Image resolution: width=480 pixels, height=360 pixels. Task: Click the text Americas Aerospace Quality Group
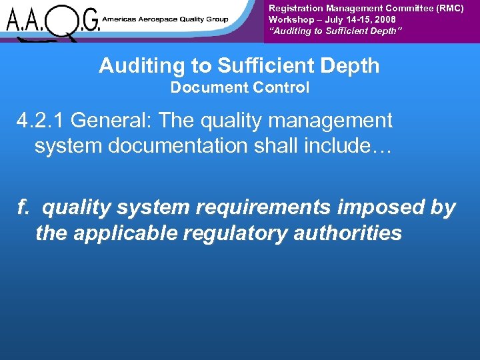[165, 19]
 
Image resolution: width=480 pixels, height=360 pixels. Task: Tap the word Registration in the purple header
[296, 8]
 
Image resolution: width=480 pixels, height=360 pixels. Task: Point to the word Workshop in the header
[291, 20]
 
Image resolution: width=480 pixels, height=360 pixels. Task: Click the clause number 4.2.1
[41, 121]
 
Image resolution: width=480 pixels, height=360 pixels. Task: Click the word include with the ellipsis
[349, 146]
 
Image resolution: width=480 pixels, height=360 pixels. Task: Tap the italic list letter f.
[23, 208]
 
